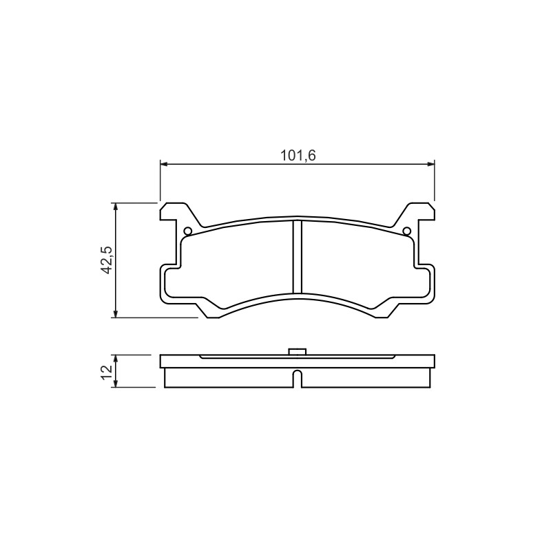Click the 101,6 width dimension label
click(x=298, y=155)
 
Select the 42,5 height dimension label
click(x=106, y=260)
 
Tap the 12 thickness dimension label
click(x=106, y=371)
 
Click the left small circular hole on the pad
click(x=187, y=231)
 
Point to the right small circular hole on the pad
click(x=406, y=231)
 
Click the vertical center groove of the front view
click(x=298, y=257)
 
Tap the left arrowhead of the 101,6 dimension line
click(x=164, y=164)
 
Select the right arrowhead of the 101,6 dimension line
click(x=430, y=164)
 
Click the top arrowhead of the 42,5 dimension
click(x=116, y=207)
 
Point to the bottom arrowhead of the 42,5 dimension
click(x=116, y=313)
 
